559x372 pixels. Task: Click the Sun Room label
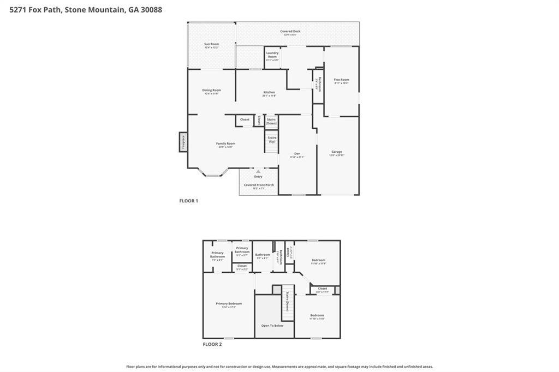pos(211,44)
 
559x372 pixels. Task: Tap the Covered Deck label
pos(290,32)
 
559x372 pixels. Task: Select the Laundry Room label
pos(272,55)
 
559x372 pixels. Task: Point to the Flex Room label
pos(341,80)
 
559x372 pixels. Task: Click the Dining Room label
pos(211,91)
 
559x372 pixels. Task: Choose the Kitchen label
pos(269,93)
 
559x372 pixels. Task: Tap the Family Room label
pos(225,144)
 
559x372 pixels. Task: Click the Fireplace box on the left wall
pos(183,142)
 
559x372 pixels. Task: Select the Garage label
pos(337,153)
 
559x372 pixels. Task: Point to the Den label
pos(297,154)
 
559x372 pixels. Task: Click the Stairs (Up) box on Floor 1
pos(271,140)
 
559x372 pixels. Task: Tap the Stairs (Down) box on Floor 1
pos(271,121)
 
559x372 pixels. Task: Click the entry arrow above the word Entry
pos(258,171)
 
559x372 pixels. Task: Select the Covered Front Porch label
pos(258,185)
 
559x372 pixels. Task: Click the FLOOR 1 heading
pos(189,201)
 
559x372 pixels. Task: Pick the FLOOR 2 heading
pos(212,344)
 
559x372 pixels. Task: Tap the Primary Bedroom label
pos(229,304)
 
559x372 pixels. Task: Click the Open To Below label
pos(272,326)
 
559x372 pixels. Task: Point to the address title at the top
pos(82,9)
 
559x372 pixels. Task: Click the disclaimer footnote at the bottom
pos(279,367)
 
